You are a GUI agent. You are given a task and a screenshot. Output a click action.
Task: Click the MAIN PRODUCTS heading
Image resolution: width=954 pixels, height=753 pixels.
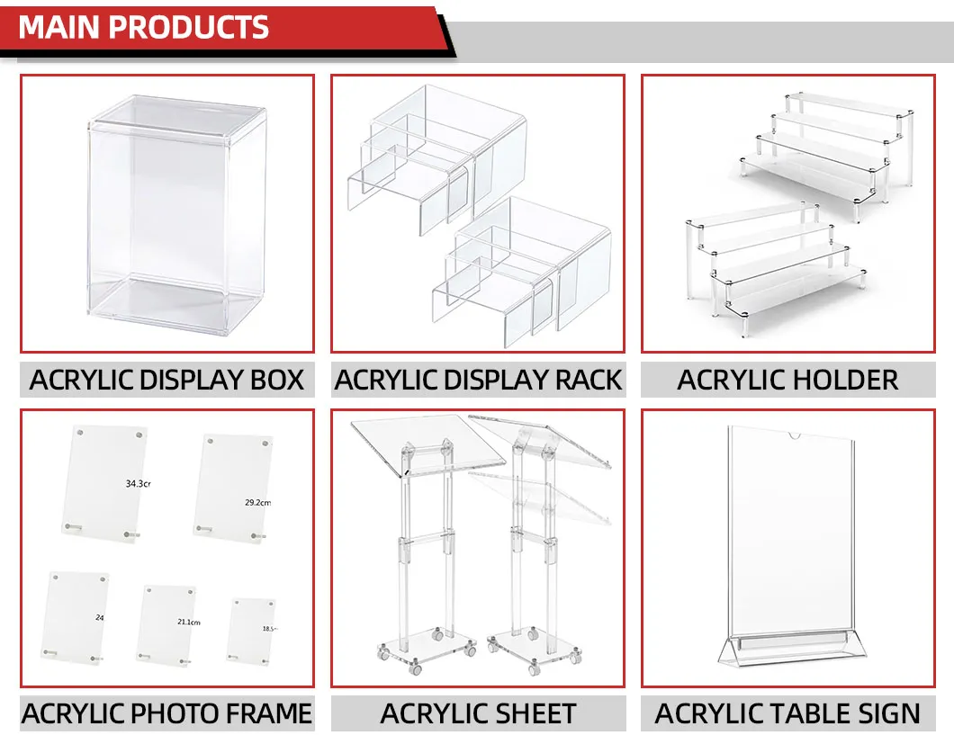click(x=144, y=27)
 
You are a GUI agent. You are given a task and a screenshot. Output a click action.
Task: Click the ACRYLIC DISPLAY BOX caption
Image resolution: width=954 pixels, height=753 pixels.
click(x=167, y=380)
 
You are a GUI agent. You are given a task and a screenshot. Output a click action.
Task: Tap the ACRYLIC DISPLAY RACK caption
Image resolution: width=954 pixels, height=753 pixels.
click(x=478, y=380)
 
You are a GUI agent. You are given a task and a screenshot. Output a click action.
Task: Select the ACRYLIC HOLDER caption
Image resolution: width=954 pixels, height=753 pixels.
click(x=787, y=380)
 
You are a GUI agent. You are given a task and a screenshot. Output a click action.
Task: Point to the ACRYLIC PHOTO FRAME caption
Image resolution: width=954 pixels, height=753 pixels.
click(x=167, y=714)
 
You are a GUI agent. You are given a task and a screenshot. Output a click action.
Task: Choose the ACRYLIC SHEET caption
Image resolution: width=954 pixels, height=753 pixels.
click(x=478, y=714)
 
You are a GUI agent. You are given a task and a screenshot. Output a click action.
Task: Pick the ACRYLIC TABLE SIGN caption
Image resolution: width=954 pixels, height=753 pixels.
click(x=787, y=714)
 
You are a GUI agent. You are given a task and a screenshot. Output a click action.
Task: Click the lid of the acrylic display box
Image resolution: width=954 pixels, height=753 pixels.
click(x=178, y=118)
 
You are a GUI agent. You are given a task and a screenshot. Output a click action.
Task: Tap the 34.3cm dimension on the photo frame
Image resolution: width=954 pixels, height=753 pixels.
click(x=137, y=484)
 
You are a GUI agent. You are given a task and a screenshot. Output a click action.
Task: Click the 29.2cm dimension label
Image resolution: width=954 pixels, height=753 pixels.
click(x=257, y=502)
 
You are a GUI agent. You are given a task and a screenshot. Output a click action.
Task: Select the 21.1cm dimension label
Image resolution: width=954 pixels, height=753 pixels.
click(x=188, y=622)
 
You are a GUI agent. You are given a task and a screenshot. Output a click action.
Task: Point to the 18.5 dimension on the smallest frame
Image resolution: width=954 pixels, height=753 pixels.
click(x=269, y=629)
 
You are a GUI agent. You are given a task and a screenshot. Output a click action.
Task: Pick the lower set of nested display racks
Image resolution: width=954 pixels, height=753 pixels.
click(x=522, y=270)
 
